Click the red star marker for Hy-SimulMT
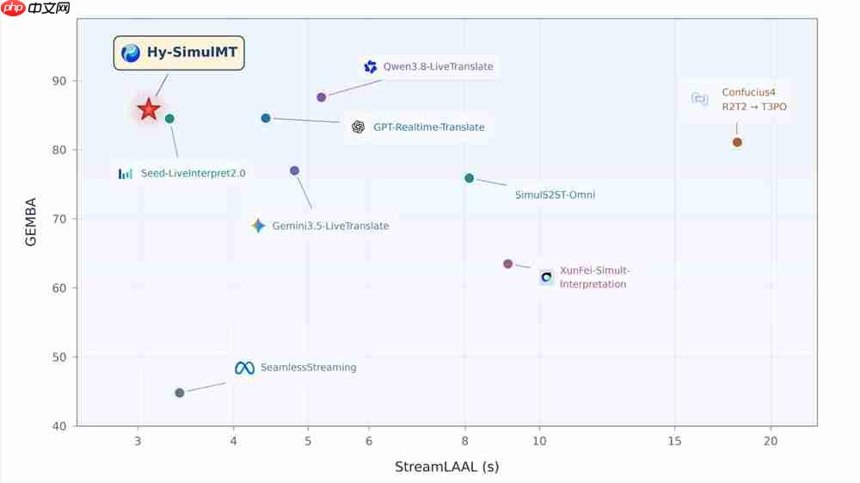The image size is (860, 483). [x=149, y=109]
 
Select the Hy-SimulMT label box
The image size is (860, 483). [x=179, y=53]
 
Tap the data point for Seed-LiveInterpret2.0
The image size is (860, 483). [x=169, y=119]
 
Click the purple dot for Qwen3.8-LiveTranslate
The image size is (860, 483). [x=322, y=97]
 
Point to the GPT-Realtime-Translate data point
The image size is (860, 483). [x=266, y=118]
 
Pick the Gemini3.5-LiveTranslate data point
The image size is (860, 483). [x=294, y=170]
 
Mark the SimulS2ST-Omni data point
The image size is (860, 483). [x=469, y=178]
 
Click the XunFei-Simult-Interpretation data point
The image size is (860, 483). [x=508, y=264]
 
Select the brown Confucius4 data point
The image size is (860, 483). [x=737, y=142]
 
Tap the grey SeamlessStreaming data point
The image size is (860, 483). [x=180, y=393]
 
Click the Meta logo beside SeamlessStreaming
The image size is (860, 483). [x=244, y=368]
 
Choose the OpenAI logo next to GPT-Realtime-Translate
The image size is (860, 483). [x=358, y=127]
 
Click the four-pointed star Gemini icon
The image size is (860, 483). [x=258, y=226]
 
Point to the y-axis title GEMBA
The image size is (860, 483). [x=30, y=222]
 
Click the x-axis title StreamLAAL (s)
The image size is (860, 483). [x=447, y=467]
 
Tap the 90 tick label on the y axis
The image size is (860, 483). [x=59, y=81]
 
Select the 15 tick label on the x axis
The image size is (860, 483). [x=674, y=441]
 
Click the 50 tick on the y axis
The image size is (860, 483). [x=59, y=356]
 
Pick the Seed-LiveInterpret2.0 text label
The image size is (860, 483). [x=193, y=173]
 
